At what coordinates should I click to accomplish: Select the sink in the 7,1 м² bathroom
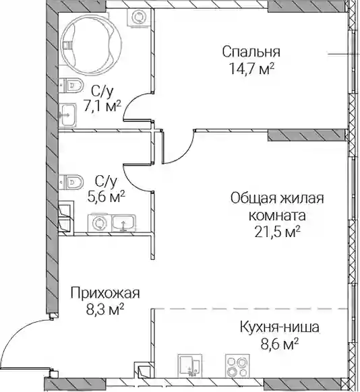[x=68, y=115]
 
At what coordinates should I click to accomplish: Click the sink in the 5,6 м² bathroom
[x=123, y=222]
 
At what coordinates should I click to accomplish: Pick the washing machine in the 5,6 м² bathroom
[x=98, y=223]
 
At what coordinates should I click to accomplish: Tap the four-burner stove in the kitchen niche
[x=237, y=366]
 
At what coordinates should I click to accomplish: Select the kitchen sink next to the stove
[x=189, y=366]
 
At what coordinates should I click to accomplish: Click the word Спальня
[x=251, y=53]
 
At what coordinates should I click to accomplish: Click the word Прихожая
[x=105, y=293]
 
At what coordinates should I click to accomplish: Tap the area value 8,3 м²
[x=105, y=309]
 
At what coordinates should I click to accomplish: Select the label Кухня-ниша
[x=280, y=327]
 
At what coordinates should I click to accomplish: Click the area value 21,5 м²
[x=277, y=232]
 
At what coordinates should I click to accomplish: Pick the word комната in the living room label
[x=277, y=216]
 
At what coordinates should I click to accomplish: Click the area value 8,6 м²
[x=280, y=344]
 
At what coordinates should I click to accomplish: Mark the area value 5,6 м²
[x=106, y=197]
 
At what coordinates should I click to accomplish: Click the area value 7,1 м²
[x=102, y=108]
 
